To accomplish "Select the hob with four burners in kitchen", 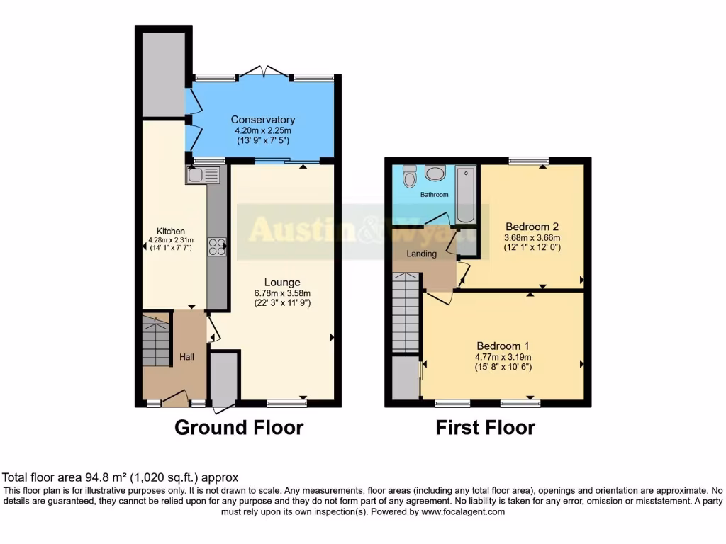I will click(217, 246).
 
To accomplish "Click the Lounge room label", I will click(284, 282).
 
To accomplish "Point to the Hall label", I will click(186, 357).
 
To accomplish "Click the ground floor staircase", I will click(156, 341).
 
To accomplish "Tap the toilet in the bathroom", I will click(409, 175).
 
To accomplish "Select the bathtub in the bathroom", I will click(467, 194).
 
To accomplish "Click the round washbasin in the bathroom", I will click(435, 171).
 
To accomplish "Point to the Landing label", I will click(421, 254).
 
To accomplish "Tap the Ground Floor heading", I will click(239, 428).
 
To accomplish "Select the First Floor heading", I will click(485, 428).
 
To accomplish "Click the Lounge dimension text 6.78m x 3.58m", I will click(284, 293).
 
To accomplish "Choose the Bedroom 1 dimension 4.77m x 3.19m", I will click(503, 357).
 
